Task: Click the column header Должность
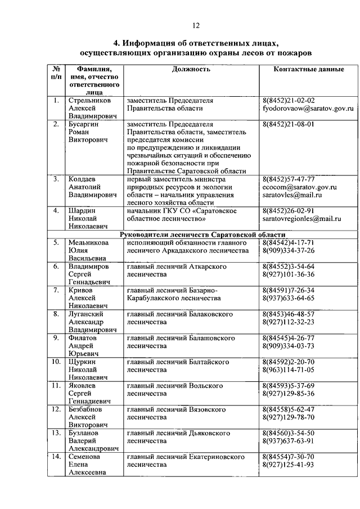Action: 191,69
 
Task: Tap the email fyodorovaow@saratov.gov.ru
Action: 308,107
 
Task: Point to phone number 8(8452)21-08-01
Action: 288,123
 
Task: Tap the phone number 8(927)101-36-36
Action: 288,274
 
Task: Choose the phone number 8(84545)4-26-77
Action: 288,338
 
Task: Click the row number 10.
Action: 56,362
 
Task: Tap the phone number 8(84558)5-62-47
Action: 288,409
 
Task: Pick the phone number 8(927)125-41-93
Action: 288,465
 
